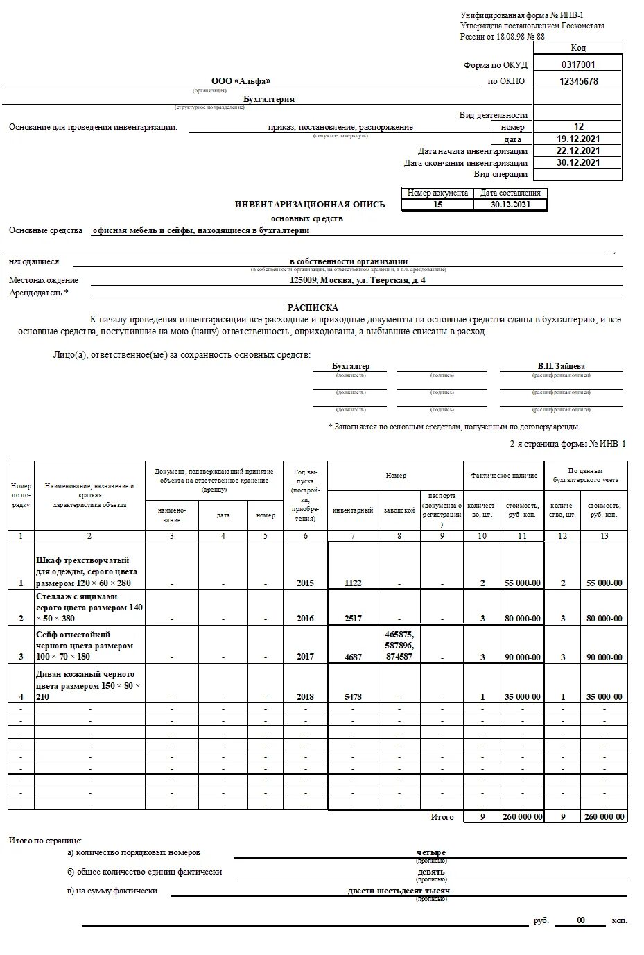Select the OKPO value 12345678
coord(578,81)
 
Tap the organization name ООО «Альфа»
coord(241,81)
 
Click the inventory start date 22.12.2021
coord(578,151)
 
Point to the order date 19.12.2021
coord(578,139)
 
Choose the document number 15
coord(437,205)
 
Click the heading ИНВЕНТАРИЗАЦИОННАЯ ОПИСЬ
coord(310,205)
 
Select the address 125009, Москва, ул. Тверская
coord(358,280)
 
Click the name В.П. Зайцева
coord(561,366)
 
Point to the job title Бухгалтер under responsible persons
coord(351,366)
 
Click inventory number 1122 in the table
coord(353,583)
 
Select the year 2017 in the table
coord(305,657)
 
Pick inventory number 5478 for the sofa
coord(353,697)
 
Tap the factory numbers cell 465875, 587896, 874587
coord(399,645)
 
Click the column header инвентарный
coord(353,510)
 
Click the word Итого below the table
coord(442,817)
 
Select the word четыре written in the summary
coord(431,852)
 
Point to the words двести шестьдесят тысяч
coord(399,891)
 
